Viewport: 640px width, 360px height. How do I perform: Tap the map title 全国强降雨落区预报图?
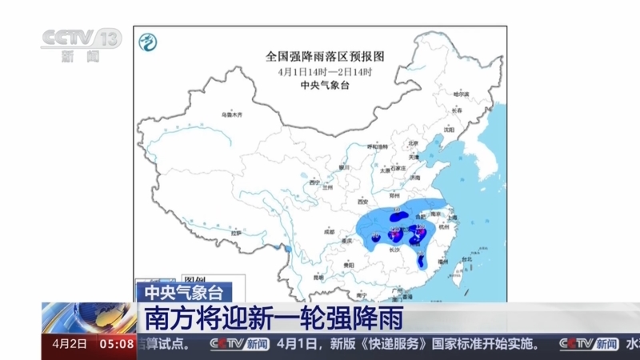click(325, 57)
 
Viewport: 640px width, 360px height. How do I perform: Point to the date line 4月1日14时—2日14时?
click(325, 71)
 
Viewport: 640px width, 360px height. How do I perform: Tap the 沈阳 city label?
click(447, 129)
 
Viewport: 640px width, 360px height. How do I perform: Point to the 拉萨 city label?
click(236, 233)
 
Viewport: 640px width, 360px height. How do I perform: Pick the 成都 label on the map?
click(330, 231)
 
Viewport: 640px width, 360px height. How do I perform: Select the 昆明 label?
click(319, 277)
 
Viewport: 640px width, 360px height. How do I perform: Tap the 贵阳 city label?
click(349, 263)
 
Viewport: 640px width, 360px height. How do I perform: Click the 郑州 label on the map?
click(394, 194)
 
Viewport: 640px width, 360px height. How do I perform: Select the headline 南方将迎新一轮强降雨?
click(272, 317)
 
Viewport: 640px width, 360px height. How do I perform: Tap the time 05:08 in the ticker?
click(117, 344)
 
